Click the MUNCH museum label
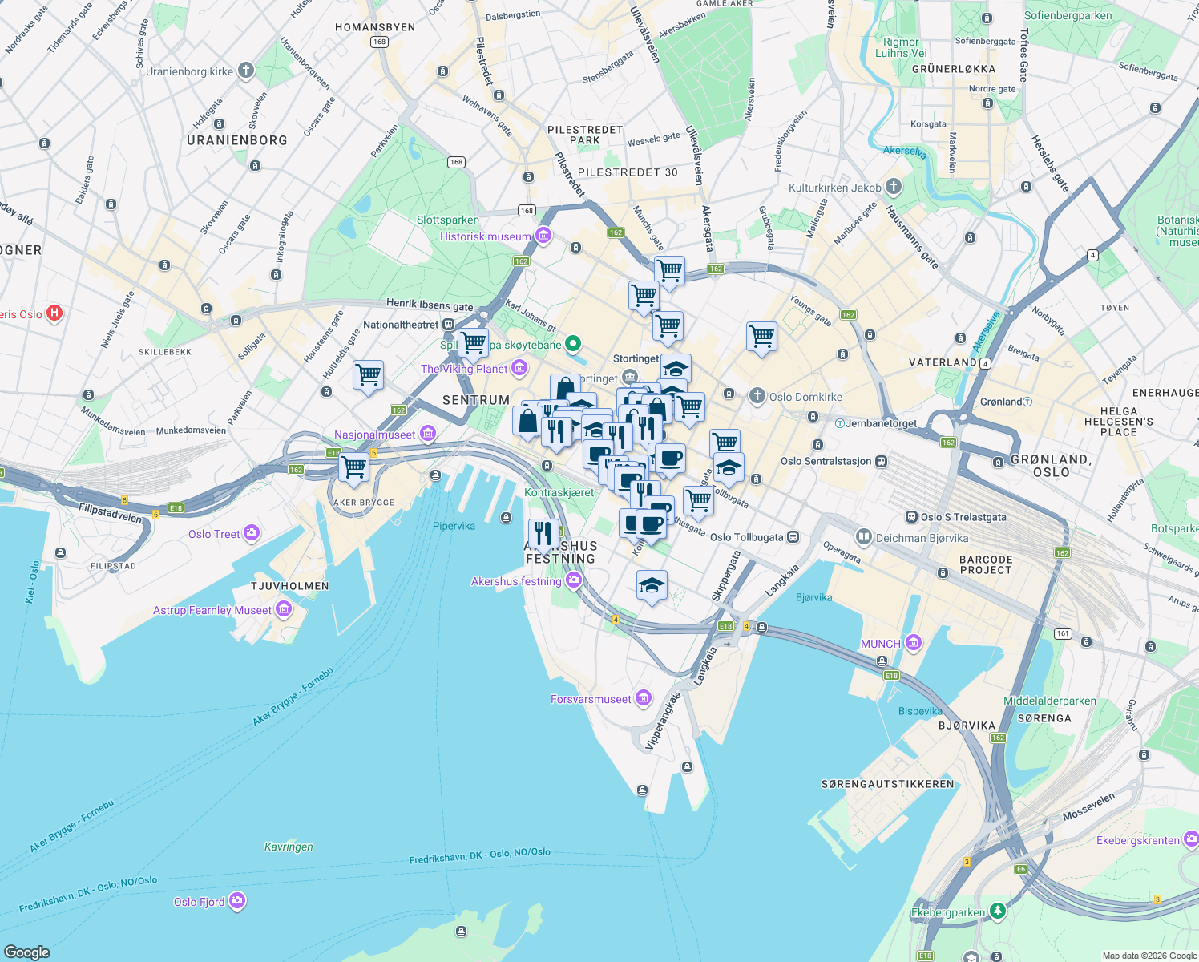tap(881, 644)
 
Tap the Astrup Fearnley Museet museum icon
tap(283, 610)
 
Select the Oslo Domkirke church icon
tap(757, 396)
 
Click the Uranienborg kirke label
tap(189, 71)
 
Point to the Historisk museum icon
tap(543, 236)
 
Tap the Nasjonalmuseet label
tap(375, 435)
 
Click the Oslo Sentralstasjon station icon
tap(882, 461)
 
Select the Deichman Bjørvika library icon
tap(863, 536)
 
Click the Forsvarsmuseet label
tap(591, 699)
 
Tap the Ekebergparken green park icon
tap(997, 911)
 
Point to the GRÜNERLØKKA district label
tap(954, 69)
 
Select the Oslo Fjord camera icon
tap(236, 901)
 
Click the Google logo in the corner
tap(26, 952)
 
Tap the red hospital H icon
tap(54, 313)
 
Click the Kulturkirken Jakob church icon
tap(893, 187)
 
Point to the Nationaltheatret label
tap(401, 325)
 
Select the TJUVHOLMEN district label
tap(289, 586)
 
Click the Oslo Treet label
tap(214, 534)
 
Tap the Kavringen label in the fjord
tap(289, 847)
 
